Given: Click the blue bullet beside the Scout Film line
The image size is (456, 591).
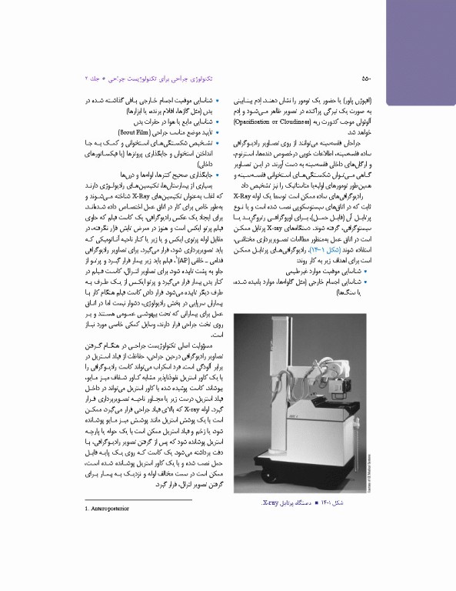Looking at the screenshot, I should tap(219, 131).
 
